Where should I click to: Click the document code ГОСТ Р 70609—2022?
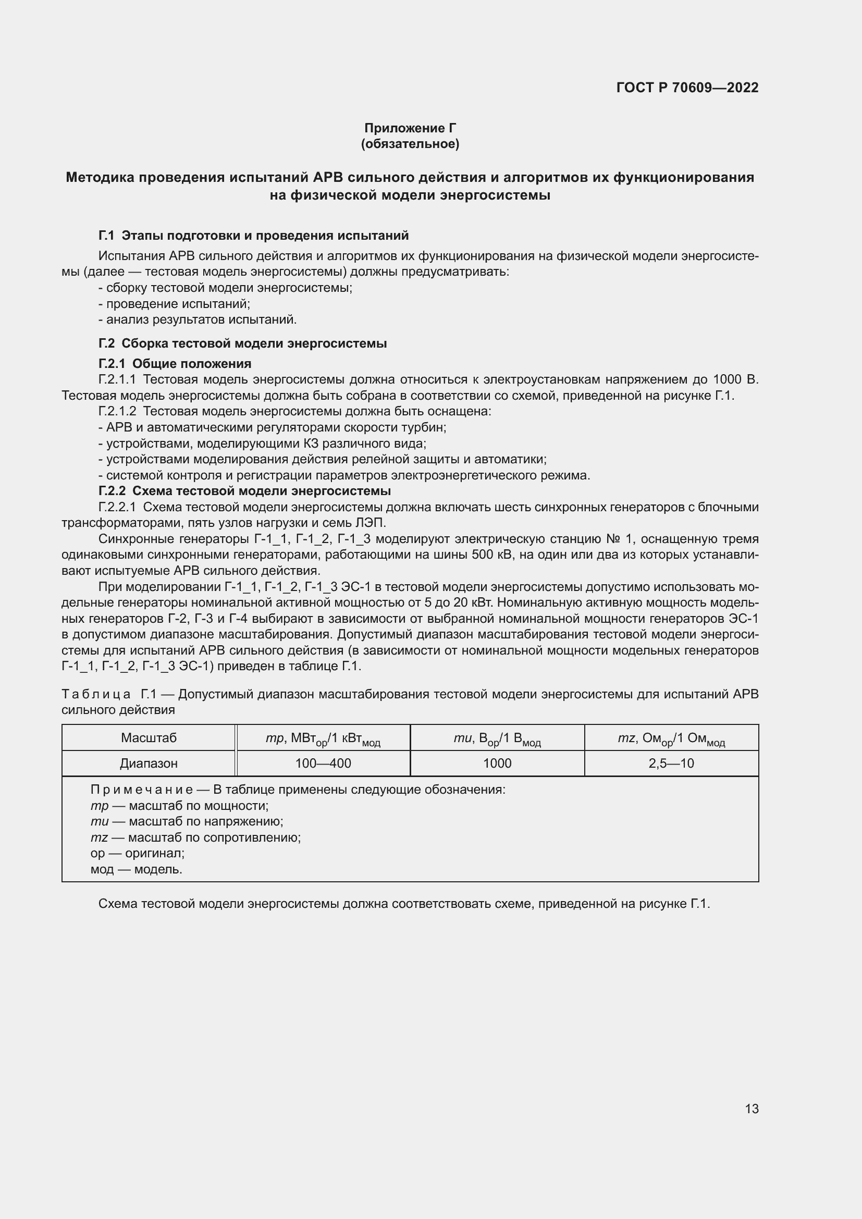tap(687, 88)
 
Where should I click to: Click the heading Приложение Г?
tap(410, 128)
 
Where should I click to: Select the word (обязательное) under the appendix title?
tap(410, 144)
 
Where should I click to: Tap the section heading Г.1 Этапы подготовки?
tap(253, 235)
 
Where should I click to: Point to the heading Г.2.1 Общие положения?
tap(175, 364)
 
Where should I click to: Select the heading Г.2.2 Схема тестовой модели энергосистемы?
tap(245, 490)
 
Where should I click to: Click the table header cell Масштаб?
tap(149, 737)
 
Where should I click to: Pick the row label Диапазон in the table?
tap(149, 763)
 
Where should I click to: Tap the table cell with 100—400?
tap(323, 763)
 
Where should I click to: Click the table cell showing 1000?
tap(497, 763)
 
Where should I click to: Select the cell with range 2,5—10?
tap(671, 763)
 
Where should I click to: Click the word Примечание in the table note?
tap(141, 790)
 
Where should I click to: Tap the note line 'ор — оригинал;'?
tap(138, 853)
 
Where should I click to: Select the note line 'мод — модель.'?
tap(137, 869)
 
